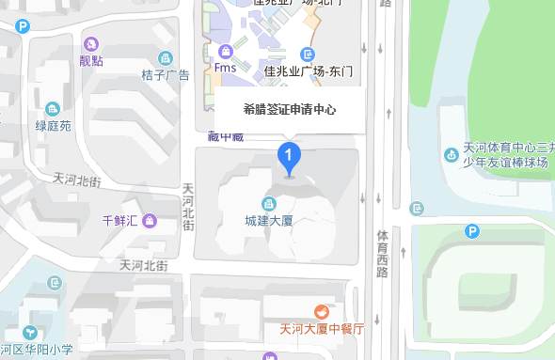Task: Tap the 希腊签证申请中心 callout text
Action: [290, 110]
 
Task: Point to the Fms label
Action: [225, 68]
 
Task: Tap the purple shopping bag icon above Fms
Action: [225, 51]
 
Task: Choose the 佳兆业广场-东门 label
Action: [308, 70]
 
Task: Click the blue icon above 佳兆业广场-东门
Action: [307, 54]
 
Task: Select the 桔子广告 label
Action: [166, 75]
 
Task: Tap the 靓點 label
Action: [91, 61]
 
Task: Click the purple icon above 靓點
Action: [91, 43]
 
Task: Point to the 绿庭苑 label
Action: [53, 125]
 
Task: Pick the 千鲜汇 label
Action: [120, 221]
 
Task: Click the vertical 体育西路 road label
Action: [382, 253]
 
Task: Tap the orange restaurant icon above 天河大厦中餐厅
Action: [322, 311]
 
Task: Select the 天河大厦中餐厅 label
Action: [322, 330]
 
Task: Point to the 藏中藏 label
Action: [226, 136]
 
